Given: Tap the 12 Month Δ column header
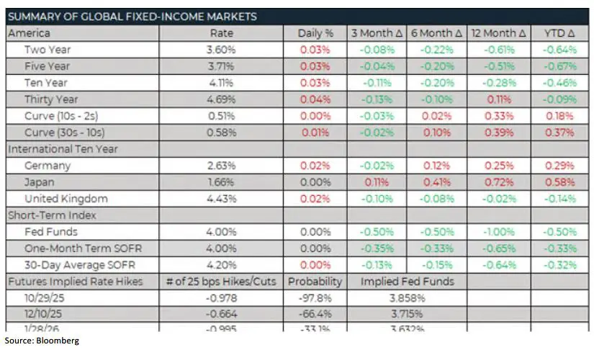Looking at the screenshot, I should tap(499, 33).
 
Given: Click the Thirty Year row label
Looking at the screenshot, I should tap(51, 99).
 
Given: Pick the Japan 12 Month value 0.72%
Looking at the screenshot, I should tap(499, 182).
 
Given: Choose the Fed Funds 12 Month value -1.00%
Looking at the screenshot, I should tap(499, 232).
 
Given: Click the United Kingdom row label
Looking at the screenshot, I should tap(66, 199).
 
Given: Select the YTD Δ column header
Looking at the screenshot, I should tap(560, 33).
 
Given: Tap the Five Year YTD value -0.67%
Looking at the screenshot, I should tap(560, 66).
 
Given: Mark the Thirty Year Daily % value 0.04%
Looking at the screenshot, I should tap(315, 99).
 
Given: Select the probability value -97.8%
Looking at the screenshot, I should tap(315, 298).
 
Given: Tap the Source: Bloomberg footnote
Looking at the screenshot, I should tap(41, 340).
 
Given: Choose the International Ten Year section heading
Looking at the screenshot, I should tap(63, 149).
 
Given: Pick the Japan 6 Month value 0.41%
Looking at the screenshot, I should tap(437, 182).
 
